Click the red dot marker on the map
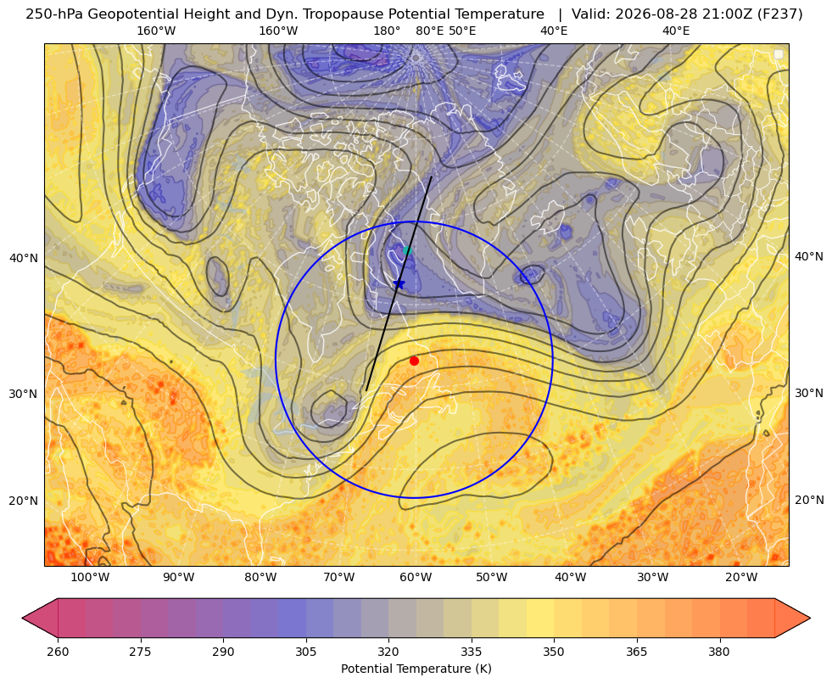(x=415, y=361)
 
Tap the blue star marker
(x=399, y=284)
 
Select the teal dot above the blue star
(x=407, y=250)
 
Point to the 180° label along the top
(x=387, y=31)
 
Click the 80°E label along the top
(x=429, y=31)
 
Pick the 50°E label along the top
(x=462, y=31)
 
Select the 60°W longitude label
(x=416, y=578)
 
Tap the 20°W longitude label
(x=740, y=578)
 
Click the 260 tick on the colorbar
(x=58, y=652)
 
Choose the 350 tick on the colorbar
(x=554, y=652)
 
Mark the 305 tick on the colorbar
(x=305, y=652)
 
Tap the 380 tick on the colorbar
(x=719, y=652)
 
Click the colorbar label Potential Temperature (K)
(x=416, y=669)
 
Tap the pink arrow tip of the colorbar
(x=23, y=618)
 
